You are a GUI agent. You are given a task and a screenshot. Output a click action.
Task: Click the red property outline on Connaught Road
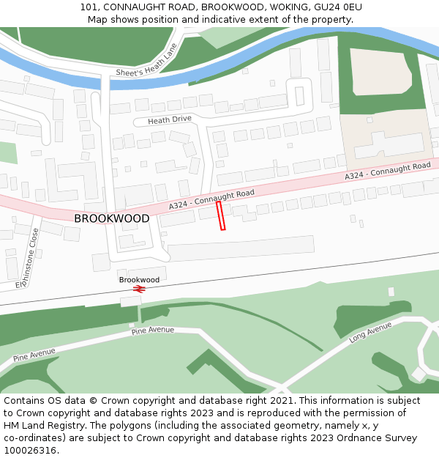pyautogui.click(x=221, y=216)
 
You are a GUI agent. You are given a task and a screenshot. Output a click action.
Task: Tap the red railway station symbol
pyautogui.click(x=140, y=289)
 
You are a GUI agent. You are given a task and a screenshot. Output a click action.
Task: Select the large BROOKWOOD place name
pyautogui.click(x=111, y=218)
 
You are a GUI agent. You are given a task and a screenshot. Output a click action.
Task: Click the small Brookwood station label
pyautogui.click(x=139, y=280)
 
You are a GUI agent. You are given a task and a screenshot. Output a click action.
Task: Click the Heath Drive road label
pyautogui.click(x=169, y=119)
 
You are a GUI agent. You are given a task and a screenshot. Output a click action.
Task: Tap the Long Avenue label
pyautogui.click(x=371, y=333)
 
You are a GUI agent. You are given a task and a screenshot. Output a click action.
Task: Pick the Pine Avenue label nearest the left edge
pyautogui.click(x=34, y=355)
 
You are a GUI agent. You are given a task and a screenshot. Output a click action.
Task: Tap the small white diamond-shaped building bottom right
pyautogui.click(x=419, y=374)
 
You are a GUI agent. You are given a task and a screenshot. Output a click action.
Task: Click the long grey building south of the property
pyautogui.click(x=241, y=248)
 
